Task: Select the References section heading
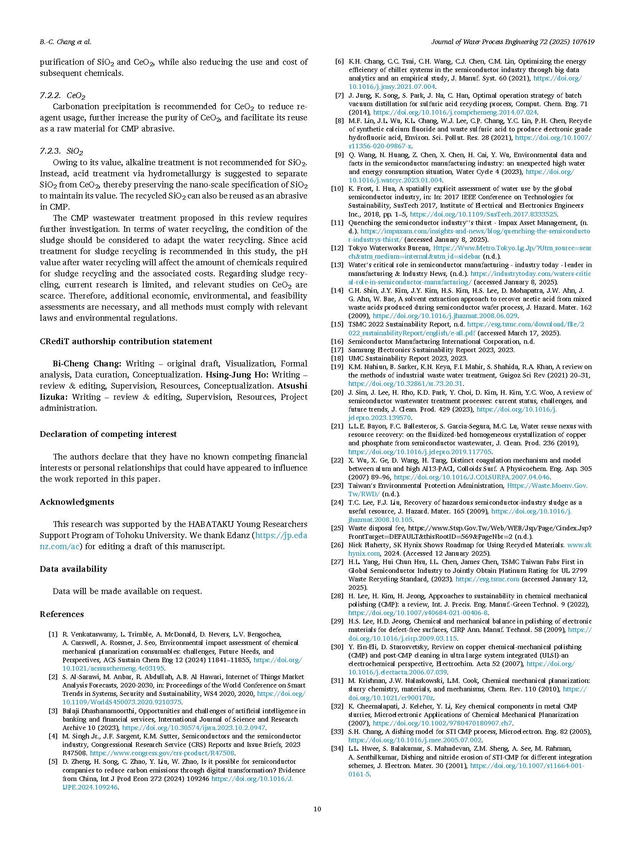tap(62, 614)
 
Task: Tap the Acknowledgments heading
tap(77, 502)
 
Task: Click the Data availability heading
tap(73, 569)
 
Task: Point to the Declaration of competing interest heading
tap(108, 434)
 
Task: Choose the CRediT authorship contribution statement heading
tap(126, 341)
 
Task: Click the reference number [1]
tap(53, 634)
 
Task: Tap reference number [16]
tap(337, 341)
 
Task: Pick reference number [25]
tap(337, 528)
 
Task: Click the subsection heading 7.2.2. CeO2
tap(62, 95)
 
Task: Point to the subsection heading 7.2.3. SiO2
tap(61, 151)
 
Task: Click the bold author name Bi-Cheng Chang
tap(87, 363)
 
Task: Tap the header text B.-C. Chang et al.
tap(66, 42)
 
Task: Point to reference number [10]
tap(337, 189)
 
